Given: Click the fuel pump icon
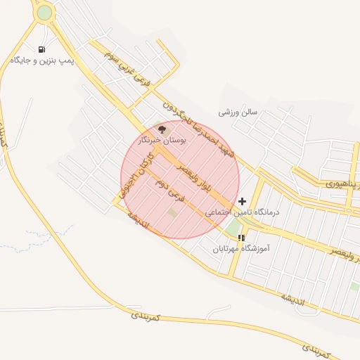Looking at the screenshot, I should point(41,49).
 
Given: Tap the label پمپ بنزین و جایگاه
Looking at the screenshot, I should point(42,61).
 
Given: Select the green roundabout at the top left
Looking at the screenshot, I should point(44,13).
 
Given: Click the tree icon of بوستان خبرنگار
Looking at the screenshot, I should point(162,129).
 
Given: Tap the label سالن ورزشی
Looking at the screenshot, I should point(238,112).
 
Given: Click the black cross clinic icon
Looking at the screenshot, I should point(243,201).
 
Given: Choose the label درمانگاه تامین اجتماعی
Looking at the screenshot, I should point(242,212).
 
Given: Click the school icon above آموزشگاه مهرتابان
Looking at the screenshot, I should point(241,238).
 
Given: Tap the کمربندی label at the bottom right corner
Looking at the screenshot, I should point(316,348).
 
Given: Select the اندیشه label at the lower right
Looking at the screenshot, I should point(293,300).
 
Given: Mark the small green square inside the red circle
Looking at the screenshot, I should point(172,212).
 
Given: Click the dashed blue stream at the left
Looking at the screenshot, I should point(42,239).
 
